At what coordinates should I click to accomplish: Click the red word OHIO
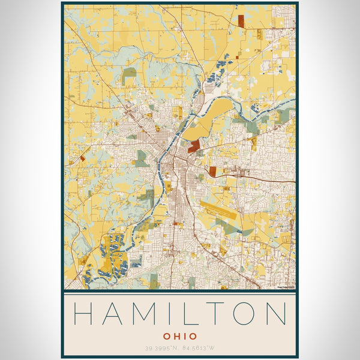click(179, 336)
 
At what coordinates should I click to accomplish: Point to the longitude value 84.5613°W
click(200, 348)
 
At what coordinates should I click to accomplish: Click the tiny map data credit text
click(286, 287)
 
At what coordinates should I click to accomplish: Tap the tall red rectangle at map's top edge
click(241, 20)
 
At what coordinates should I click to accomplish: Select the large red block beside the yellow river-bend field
click(194, 146)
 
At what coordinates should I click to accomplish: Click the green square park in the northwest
click(129, 76)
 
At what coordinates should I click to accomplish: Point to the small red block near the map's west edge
click(83, 158)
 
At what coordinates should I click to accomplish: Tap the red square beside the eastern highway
click(212, 171)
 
